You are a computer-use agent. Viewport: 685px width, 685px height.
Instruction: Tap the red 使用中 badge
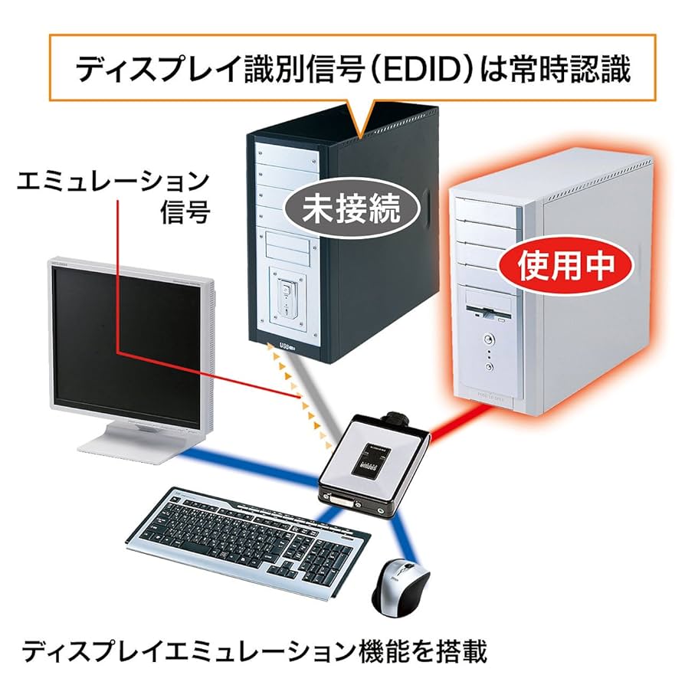tap(568, 266)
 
